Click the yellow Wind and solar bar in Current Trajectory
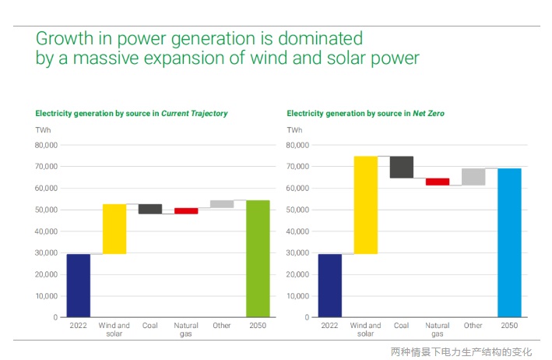point(114,229)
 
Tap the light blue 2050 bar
point(509,243)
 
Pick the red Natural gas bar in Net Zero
point(438,182)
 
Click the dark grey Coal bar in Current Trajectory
point(150,209)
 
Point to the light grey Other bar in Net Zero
point(473,177)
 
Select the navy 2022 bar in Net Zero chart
point(330,286)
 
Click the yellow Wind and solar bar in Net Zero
point(366,205)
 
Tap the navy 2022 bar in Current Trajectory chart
point(79,286)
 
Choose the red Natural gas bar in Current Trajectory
point(186,210)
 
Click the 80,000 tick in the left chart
point(46,145)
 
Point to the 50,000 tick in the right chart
point(297,210)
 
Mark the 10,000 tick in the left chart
point(46,296)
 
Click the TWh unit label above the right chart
point(295,129)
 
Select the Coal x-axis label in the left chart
point(150,326)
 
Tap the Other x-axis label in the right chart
point(473,326)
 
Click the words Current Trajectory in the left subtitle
point(195,114)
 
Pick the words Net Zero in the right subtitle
point(428,114)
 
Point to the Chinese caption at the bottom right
point(461,351)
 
